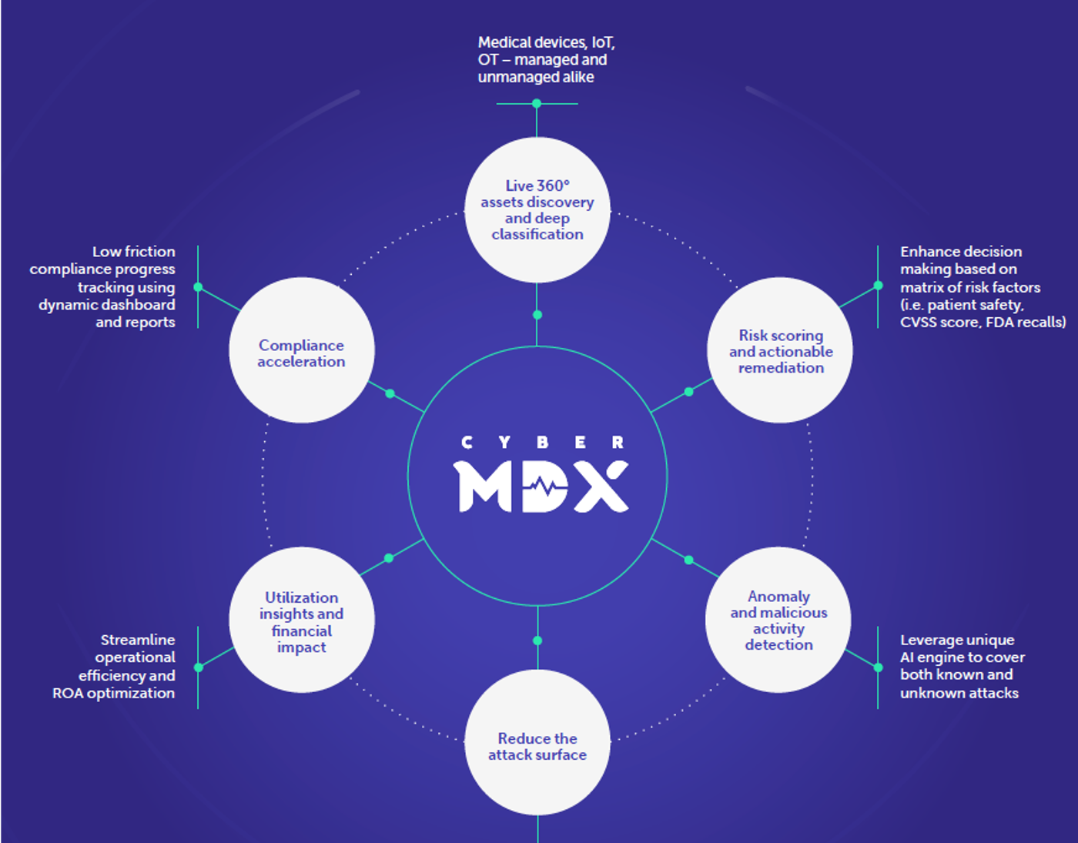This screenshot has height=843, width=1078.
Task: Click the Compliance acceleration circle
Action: (301, 351)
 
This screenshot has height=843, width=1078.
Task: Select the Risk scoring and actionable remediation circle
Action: (780, 351)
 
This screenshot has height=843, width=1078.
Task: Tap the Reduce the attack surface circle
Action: (537, 744)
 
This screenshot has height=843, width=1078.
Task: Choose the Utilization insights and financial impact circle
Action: (301, 621)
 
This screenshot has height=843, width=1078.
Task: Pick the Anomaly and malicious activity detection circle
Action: (778, 621)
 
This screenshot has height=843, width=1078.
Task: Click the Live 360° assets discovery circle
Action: (537, 209)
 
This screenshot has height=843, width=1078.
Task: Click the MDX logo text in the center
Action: (541, 487)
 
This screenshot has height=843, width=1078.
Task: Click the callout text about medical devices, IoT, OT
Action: (545, 59)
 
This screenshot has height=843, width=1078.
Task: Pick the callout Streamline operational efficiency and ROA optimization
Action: (115, 667)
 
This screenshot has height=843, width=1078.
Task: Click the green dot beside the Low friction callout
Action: (198, 287)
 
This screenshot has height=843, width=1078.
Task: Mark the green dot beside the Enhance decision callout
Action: (878, 286)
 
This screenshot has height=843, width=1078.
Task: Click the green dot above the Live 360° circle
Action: (537, 103)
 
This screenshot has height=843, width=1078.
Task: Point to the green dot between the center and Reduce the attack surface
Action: (537, 641)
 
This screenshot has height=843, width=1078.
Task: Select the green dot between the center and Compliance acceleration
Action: (390, 393)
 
